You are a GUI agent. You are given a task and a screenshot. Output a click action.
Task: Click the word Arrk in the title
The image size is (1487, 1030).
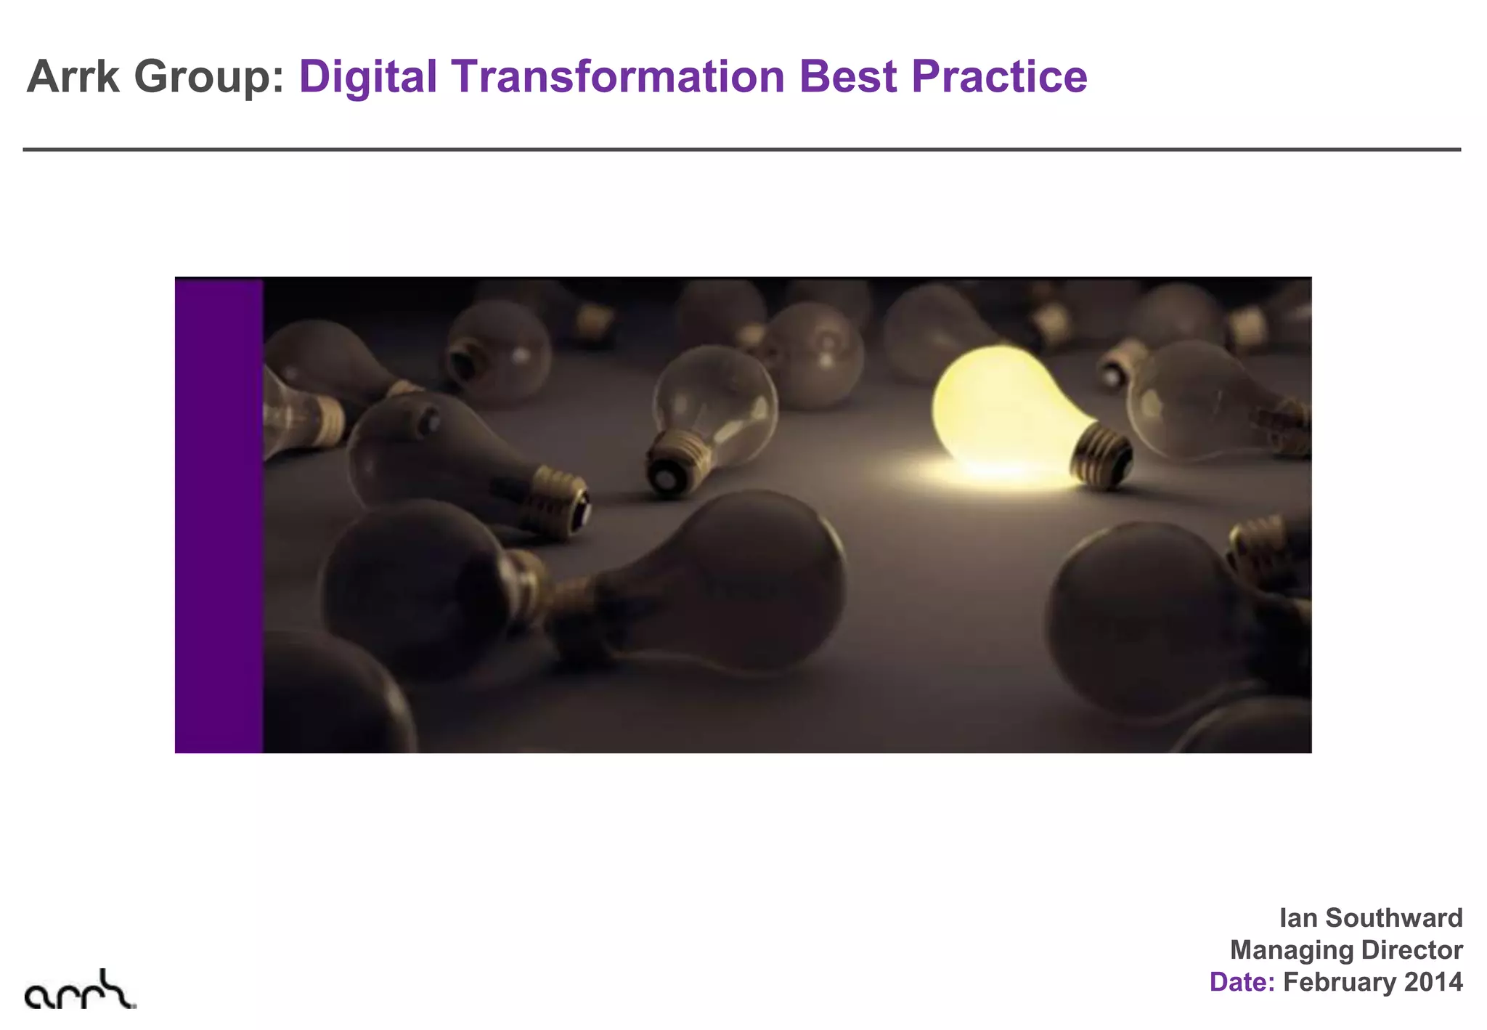coord(73,76)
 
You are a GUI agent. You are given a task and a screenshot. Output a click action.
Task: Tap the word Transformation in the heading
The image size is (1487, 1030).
coord(618,76)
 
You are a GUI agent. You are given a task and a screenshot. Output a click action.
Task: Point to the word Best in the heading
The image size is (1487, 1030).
coord(847,76)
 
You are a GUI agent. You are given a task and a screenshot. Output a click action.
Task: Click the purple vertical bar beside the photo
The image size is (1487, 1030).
coord(219,515)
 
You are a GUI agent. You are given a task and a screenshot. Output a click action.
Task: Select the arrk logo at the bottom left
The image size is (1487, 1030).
coord(79,990)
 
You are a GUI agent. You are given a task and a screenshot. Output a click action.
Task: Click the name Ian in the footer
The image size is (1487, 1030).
coord(1297,918)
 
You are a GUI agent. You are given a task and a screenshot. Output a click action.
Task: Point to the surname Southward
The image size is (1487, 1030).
coord(1394,918)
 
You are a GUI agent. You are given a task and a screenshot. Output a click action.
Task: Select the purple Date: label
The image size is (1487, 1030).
coord(1242,982)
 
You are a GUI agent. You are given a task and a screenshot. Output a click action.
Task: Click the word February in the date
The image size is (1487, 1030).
coord(1339,982)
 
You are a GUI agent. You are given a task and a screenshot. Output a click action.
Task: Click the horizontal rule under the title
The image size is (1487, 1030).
coord(741,150)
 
